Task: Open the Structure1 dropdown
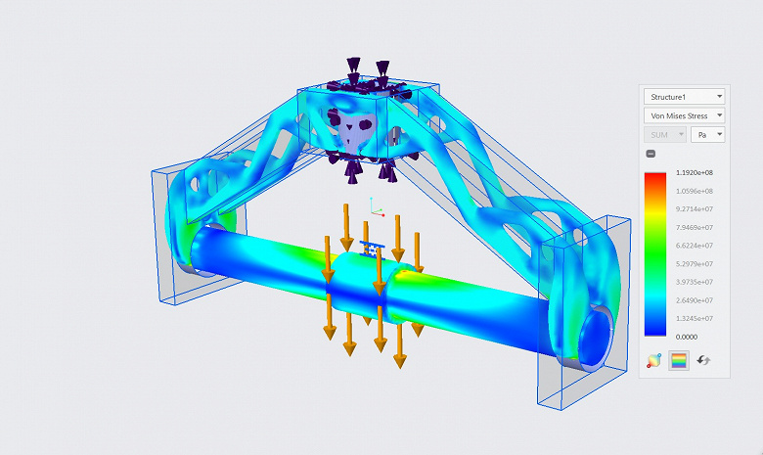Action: point(684,97)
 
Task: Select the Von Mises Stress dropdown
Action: point(684,115)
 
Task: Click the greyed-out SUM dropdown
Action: point(665,135)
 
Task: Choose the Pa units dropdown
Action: point(707,135)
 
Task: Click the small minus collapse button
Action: point(651,154)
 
